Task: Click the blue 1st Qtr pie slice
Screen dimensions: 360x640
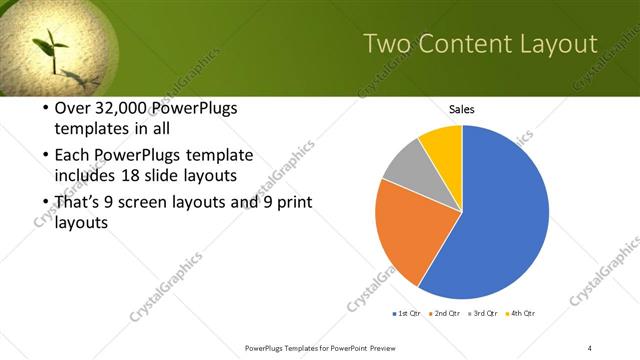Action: click(505, 220)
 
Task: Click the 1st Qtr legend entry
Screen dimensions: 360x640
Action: click(406, 314)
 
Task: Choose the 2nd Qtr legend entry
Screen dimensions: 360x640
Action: click(443, 314)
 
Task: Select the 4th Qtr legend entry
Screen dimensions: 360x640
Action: click(520, 314)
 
